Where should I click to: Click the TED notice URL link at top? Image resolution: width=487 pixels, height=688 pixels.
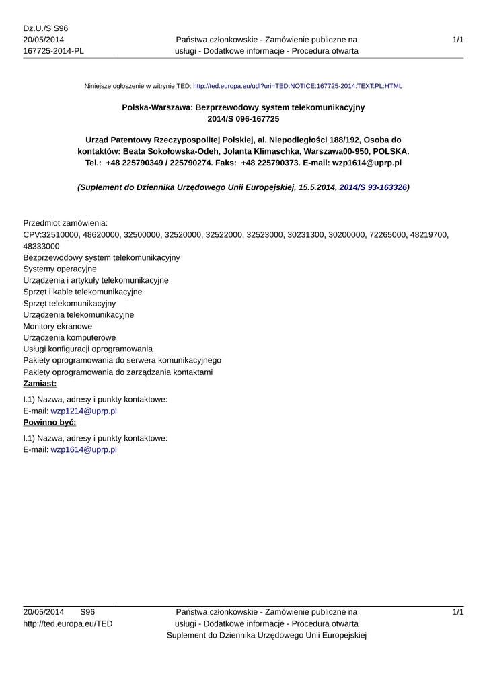[x=297, y=87]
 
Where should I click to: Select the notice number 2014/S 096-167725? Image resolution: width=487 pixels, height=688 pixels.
[x=243, y=119]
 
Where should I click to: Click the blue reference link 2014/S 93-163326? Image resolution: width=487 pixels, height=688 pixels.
[x=373, y=188]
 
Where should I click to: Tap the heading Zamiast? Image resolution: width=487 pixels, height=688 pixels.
[x=40, y=384]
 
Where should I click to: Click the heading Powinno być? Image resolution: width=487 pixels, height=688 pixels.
[x=49, y=422]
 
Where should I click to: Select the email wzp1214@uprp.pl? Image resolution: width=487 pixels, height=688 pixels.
[x=84, y=411]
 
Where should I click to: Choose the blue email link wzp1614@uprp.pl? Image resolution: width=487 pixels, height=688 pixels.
[x=84, y=449]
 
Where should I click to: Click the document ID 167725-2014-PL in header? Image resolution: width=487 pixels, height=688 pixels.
[x=53, y=51]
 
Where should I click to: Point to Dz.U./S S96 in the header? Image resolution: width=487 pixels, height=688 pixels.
[x=45, y=28]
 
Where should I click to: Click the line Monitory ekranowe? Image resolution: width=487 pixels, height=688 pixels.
[x=58, y=326]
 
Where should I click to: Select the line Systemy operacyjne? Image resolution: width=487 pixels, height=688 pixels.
[x=60, y=269]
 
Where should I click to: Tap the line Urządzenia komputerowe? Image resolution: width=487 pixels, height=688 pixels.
[x=69, y=337]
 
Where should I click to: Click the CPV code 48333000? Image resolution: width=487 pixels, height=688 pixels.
[x=41, y=246]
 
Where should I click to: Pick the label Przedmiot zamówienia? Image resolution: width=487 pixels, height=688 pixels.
[x=65, y=223]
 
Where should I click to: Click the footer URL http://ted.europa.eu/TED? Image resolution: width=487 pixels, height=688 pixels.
[x=68, y=623]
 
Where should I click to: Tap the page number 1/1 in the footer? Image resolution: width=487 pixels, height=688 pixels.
[x=457, y=612]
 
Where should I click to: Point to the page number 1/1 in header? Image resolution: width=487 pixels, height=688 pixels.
[x=457, y=40]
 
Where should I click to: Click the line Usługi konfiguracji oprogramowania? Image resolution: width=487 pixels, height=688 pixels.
[x=87, y=349]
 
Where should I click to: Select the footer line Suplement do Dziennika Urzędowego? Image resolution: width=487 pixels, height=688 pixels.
[x=266, y=635]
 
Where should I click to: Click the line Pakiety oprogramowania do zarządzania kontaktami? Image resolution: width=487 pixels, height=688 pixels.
[x=118, y=372]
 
